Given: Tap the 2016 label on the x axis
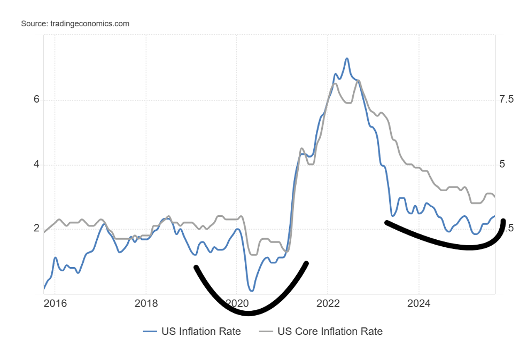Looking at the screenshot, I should (x=55, y=304).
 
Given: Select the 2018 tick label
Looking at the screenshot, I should (x=146, y=304).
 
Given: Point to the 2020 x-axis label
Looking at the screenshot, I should (x=237, y=304).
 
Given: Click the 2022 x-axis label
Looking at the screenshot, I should (x=328, y=304).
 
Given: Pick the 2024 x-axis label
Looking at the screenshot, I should (x=419, y=304).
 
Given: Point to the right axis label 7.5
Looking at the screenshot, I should (x=506, y=100).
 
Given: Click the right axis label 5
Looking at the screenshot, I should (x=502, y=165).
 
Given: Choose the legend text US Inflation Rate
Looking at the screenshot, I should (x=201, y=332).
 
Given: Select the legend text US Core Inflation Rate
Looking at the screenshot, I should (x=330, y=332).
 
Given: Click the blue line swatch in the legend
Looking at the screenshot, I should (x=150, y=332).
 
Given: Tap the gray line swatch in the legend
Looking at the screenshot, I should (x=266, y=332).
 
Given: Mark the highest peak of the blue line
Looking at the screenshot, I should (x=347, y=58).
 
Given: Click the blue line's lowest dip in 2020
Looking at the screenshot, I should (x=251, y=290).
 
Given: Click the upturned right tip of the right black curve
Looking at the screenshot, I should (x=503, y=221).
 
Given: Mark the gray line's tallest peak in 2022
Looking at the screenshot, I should (x=358, y=81).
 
